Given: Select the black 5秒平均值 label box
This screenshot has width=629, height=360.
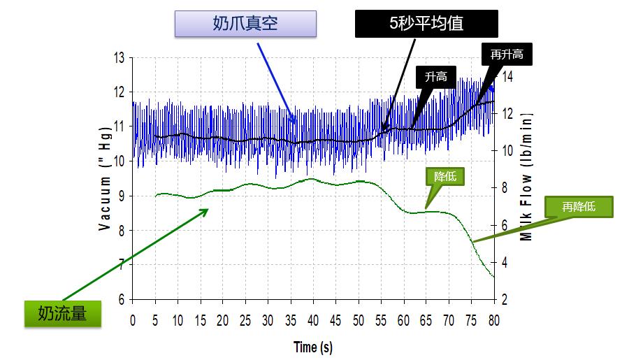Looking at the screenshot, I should coord(426,23).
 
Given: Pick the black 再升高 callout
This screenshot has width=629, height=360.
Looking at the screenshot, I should coord(506,53).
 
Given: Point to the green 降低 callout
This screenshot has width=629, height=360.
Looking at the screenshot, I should coord(444,176).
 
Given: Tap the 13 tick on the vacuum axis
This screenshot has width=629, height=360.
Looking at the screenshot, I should coord(118,57).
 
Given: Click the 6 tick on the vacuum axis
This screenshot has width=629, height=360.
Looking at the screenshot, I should coord(120,299).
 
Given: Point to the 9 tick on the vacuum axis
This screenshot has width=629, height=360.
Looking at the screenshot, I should coord(120,196).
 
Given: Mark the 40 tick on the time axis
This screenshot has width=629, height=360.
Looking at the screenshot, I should coord(314,321).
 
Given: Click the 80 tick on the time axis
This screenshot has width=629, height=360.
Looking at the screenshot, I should coord(494,321).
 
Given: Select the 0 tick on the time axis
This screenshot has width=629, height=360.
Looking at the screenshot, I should coord(133,321).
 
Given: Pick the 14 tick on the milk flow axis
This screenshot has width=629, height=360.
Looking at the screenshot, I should coord(508,77).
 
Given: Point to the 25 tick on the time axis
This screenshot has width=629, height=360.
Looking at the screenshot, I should coord(246,321).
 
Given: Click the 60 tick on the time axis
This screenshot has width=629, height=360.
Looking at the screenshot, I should coord(404,321).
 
